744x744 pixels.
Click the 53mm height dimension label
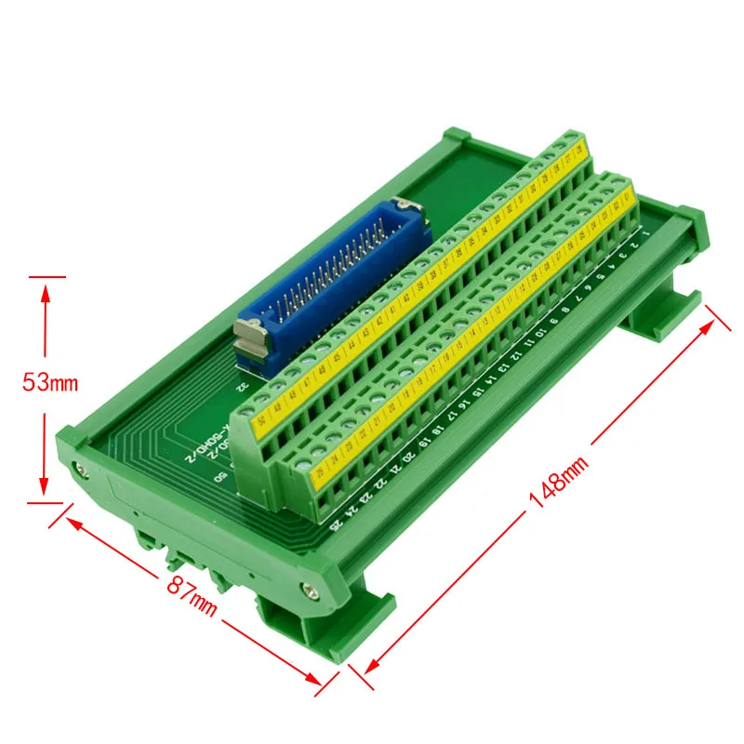(x=52, y=381)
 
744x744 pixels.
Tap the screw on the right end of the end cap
(x=309, y=587)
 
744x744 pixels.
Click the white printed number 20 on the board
(x=410, y=457)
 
